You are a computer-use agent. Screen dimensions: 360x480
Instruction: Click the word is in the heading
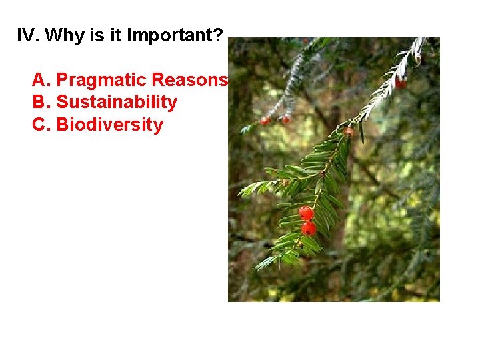point(96,35)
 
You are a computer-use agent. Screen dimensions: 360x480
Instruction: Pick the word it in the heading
point(115,35)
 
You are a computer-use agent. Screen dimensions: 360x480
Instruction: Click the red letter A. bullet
point(41,80)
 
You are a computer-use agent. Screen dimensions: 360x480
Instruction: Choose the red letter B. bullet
point(41,103)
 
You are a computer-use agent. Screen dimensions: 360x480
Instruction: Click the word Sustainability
point(117,103)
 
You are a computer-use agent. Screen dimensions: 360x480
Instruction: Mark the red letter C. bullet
point(41,125)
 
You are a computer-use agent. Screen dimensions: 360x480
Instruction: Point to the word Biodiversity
point(109,125)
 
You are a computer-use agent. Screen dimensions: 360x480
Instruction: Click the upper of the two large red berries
point(305,213)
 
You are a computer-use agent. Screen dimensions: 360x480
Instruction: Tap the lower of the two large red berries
point(308,229)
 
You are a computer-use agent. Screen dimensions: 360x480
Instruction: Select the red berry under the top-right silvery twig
point(401,83)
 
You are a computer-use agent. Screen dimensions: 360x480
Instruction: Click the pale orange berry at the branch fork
point(348,132)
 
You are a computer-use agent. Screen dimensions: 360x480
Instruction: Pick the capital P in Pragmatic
point(62,80)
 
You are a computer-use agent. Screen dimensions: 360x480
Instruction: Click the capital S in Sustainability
point(62,103)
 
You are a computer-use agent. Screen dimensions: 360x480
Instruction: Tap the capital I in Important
point(129,35)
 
